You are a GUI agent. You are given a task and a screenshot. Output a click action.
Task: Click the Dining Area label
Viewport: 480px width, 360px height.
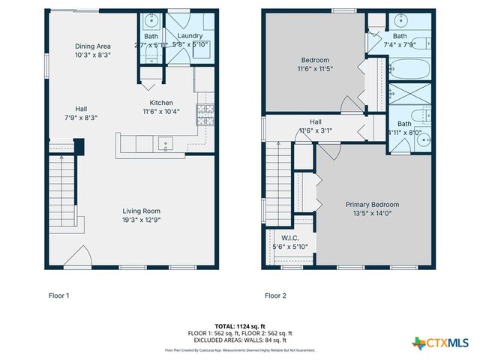[93, 46]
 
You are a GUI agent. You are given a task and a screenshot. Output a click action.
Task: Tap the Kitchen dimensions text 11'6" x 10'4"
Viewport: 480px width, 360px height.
[161, 112]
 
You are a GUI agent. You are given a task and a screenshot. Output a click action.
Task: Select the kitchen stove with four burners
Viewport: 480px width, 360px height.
[205, 114]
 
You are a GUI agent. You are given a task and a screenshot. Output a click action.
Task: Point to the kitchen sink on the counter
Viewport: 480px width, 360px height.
[165, 142]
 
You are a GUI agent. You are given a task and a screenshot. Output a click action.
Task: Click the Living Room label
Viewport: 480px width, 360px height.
[142, 211]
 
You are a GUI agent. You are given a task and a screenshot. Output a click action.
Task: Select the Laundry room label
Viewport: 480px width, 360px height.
[189, 35]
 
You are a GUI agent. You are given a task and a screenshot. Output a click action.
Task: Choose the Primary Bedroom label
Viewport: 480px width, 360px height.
[372, 204]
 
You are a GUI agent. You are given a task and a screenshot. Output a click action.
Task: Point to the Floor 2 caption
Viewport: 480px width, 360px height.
[276, 295]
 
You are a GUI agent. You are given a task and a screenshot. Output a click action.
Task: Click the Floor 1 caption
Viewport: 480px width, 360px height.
[59, 295]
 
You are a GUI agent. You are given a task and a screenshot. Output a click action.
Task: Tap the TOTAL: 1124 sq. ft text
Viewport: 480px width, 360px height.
[239, 326]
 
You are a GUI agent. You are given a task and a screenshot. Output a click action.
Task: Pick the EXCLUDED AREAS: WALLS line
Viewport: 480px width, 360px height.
[240, 340]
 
